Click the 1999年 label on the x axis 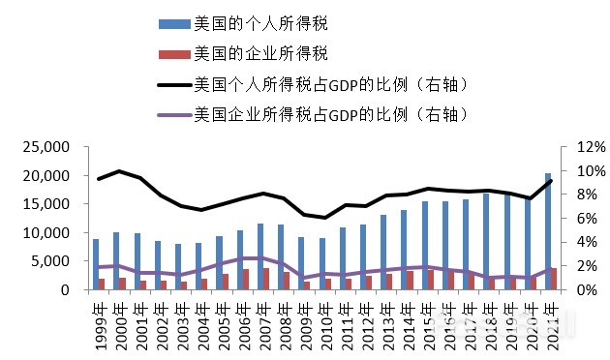[98, 318]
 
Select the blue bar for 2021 [548, 232]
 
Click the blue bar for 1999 [95, 264]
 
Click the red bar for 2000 [123, 284]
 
